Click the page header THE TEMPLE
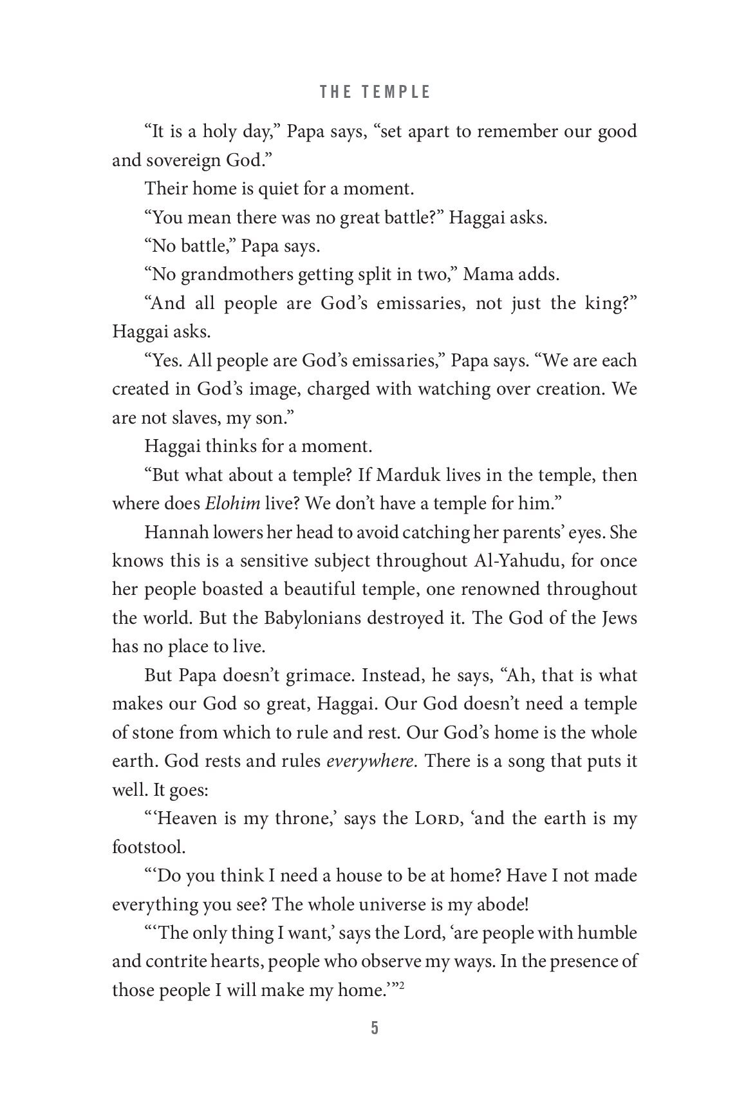[375, 92]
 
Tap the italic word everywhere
[370, 761]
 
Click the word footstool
[147, 847]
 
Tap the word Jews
[617, 617]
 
